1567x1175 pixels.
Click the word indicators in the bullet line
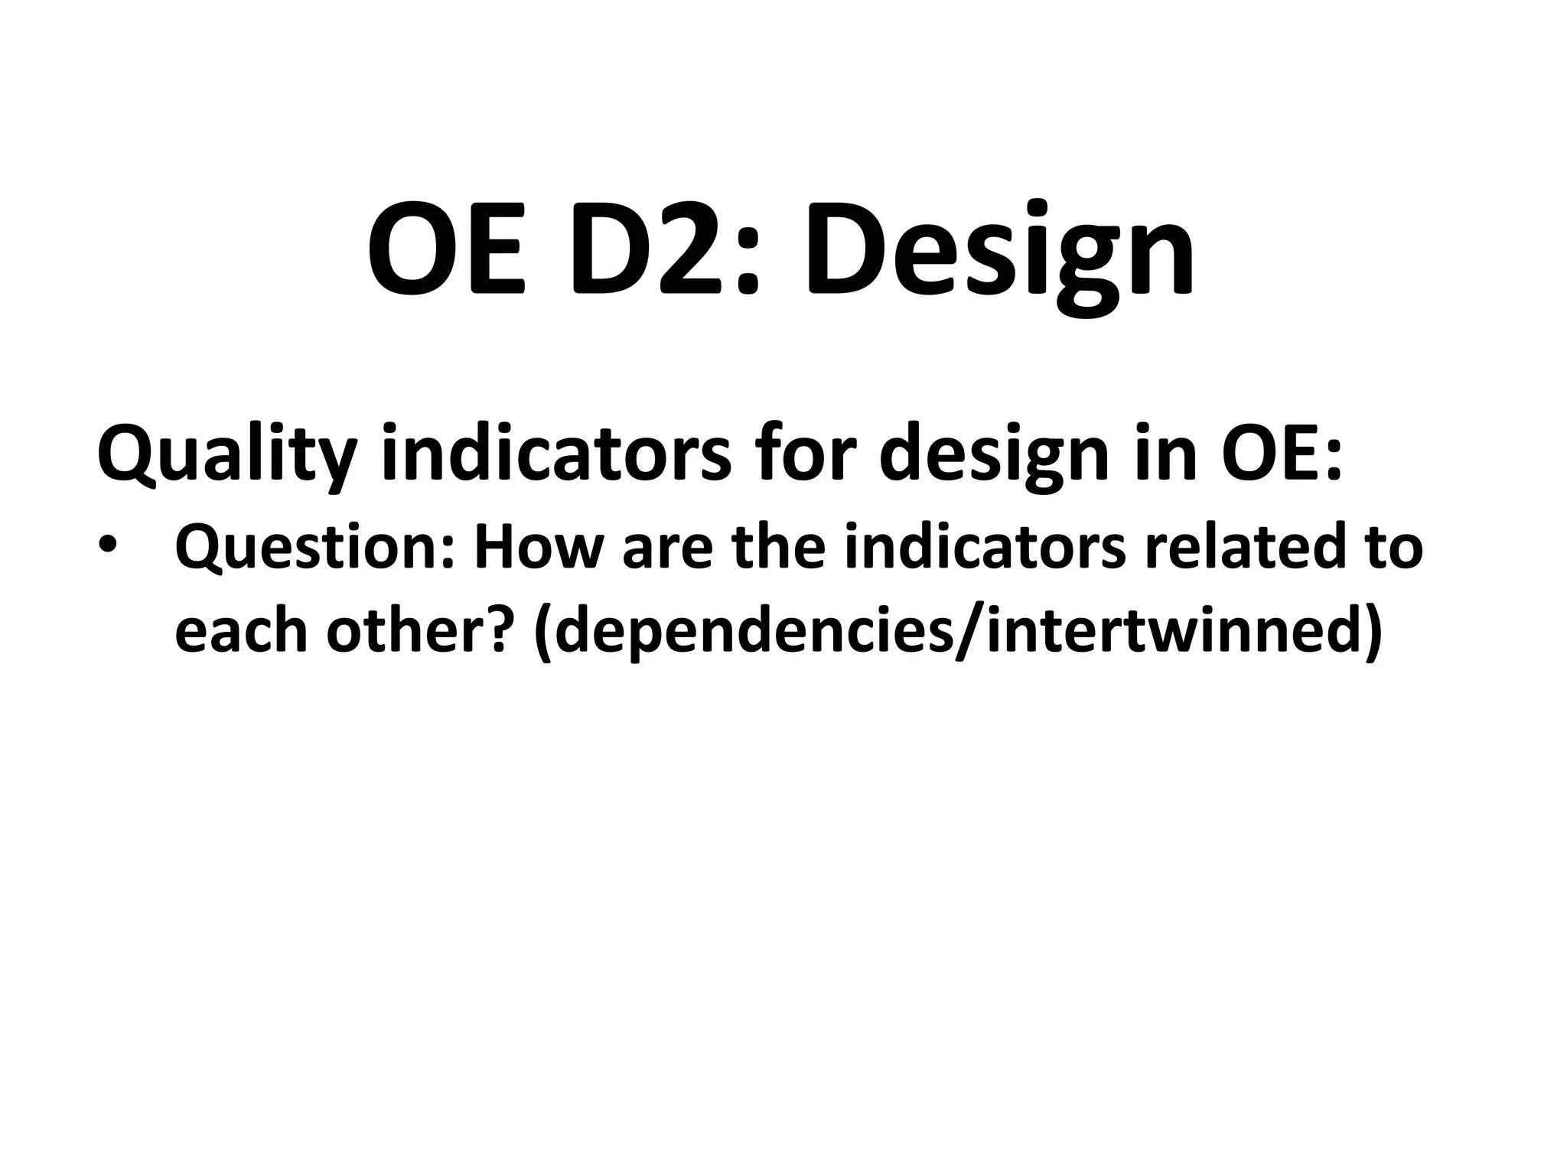click(x=984, y=548)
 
